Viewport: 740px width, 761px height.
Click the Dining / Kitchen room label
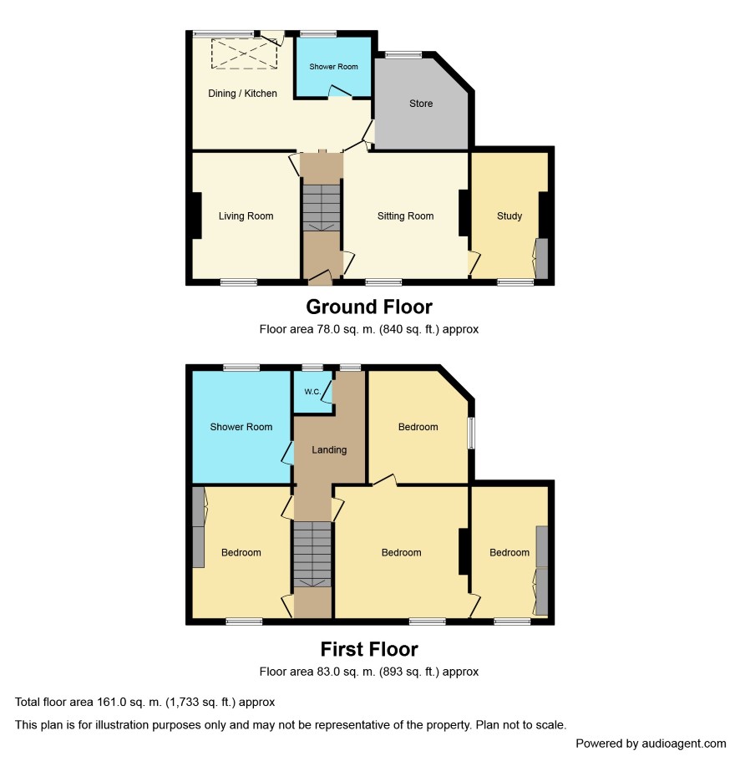tap(242, 94)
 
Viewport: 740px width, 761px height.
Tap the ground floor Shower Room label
tap(333, 67)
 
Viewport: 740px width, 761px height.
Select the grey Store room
tap(420, 104)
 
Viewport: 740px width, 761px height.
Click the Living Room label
tap(246, 216)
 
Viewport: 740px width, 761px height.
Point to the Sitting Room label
tap(405, 216)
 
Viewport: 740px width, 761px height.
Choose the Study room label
tap(509, 216)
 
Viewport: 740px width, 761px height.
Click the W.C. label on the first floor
tap(312, 392)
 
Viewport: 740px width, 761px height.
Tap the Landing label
tap(329, 450)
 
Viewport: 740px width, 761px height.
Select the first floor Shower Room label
tap(241, 427)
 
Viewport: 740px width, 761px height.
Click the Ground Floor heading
tap(369, 307)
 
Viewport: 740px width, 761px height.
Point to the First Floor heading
tap(369, 649)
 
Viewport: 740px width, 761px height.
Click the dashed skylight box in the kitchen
tap(244, 53)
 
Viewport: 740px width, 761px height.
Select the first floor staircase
tap(312, 554)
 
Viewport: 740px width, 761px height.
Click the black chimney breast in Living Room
tap(196, 216)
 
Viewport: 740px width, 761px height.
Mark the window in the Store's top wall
tap(403, 55)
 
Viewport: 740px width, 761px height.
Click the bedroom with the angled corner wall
tap(418, 427)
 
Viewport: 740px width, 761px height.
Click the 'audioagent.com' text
tap(684, 743)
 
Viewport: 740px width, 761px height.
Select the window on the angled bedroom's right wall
tap(471, 433)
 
